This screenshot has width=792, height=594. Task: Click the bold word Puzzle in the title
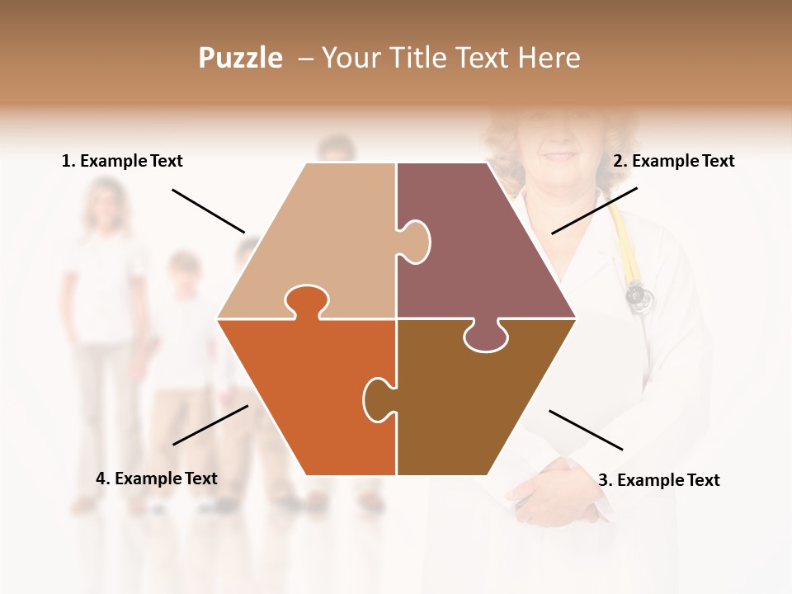(240, 58)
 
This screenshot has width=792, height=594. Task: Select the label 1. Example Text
(122, 161)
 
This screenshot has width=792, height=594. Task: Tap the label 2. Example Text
(673, 161)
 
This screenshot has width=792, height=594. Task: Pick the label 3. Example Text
(658, 480)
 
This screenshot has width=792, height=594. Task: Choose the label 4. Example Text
(157, 478)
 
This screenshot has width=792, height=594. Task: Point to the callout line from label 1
(208, 211)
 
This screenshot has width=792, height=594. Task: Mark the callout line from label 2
(594, 210)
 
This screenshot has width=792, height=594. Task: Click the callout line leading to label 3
(586, 430)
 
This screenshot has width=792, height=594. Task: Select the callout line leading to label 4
(210, 425)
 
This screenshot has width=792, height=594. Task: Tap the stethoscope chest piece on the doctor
(636, 295)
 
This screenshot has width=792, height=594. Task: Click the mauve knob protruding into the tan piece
(415, 241)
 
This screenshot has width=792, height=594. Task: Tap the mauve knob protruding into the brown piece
(486, 337)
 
